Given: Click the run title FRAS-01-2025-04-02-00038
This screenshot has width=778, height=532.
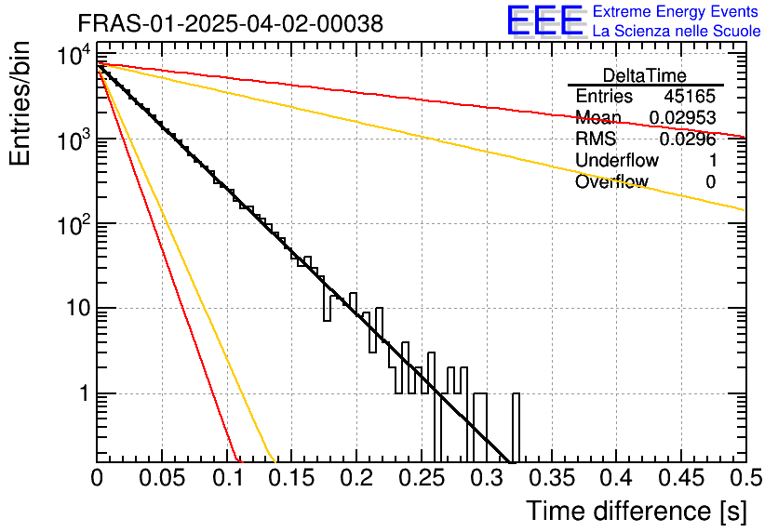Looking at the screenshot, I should pyautogui.click(x=230, y=24).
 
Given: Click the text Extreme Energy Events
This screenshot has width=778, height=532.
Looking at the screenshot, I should pyautogui.click(x=677, y=12).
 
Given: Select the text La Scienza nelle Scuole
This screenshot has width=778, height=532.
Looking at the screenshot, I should pyautogui.click(x=677, y=31).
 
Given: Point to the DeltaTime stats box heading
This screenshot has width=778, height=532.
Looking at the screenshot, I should pyautogui.click(x=645, y=75).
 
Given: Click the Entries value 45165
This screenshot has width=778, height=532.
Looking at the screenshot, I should pyautogui.click(x=690, y=97).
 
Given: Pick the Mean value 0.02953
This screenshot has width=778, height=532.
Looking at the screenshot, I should pyautogui.click(x=682, y=118).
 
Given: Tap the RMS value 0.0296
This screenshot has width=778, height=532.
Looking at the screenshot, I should pyautogui.click(x=687, y=140).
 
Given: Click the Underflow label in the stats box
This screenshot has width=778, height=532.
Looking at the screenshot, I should pyautogui.click(x=617, y=161).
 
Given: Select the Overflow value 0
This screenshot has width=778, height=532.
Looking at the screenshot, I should pyautogui.click(x=710, y=182).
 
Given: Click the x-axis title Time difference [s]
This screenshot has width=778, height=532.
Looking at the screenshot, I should pyautogui.click(x=635, y=511).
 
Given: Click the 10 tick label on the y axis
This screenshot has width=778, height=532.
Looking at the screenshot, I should pyautogui.click(x=74, y=308).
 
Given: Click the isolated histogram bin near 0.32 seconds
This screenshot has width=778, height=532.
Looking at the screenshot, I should pyautogui.click(x=516, y=428).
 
